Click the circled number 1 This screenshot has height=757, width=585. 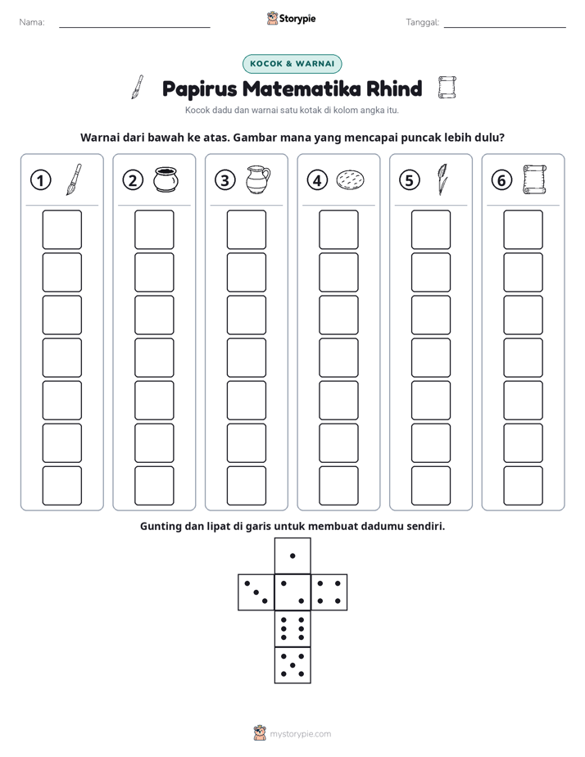point(40,180)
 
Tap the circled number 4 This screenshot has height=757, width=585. point(317,180)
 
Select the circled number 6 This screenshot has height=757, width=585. point(501,180)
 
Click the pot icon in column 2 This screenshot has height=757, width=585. point(166,179)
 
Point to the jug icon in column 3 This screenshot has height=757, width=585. point(258,179)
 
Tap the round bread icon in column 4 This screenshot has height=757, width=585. point(350,179)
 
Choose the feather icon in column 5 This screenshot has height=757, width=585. point(442,179)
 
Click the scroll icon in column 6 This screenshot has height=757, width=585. point(535,179)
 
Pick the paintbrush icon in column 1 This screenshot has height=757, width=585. point(74,179)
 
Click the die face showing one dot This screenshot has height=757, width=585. point(292,556)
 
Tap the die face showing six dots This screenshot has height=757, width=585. point(292,629)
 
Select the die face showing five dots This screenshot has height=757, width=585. point(292,665)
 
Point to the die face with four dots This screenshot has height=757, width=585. point(329,592)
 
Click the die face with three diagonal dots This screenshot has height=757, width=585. point(256,592)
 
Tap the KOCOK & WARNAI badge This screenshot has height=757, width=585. point(292,64)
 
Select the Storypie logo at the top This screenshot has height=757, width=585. point(291,19)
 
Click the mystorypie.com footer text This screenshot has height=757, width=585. point(300,734)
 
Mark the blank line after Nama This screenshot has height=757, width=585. point(134,27)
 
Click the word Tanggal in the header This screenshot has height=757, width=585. point(422,22)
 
